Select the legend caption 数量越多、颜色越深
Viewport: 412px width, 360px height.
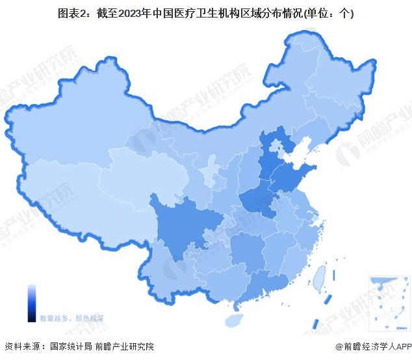tap(71, 318)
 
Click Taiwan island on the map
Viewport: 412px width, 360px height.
tap(318, 277)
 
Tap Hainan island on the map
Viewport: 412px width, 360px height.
tap(233, 320)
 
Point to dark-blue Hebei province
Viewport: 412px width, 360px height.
tap(268, 156)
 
